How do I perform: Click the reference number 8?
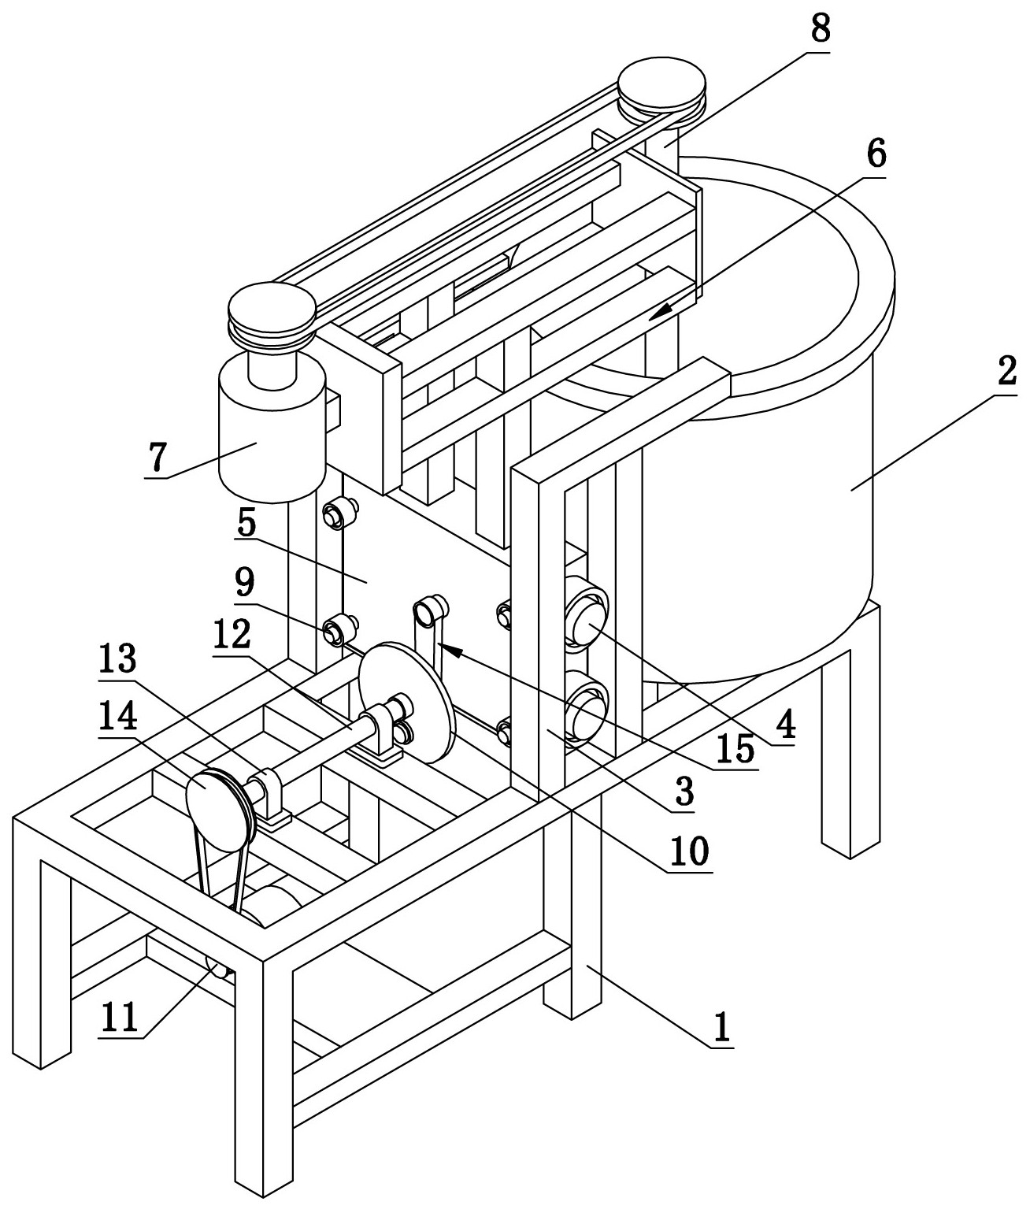coord(820,28)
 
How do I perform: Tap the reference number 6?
coord(875,154)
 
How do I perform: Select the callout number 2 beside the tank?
coord(1006,372)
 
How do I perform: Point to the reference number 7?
coord(156,457)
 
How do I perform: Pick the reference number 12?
coord(232,634)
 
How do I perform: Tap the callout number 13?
coord(118,658)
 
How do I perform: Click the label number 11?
coord(120,1017)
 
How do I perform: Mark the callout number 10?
coord(690,851)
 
